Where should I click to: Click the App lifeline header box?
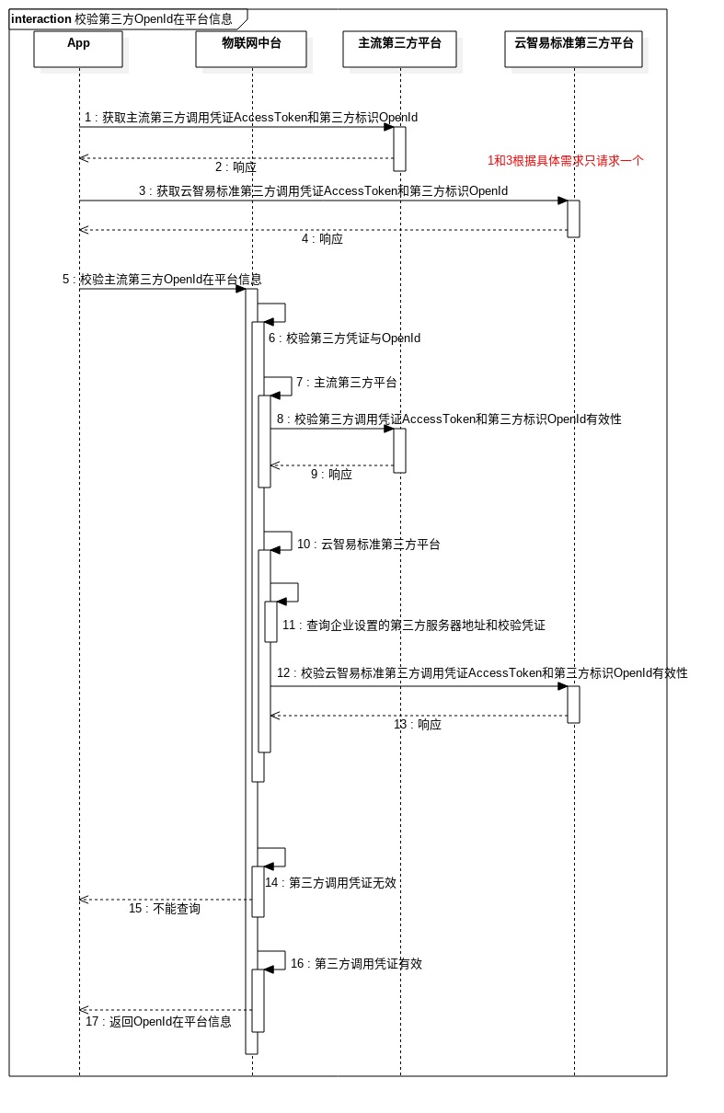[x=78, y=49]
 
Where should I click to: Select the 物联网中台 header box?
[x=251, y=49]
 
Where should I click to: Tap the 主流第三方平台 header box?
[x=400, y=49]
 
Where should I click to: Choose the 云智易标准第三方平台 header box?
[x=574, y=49]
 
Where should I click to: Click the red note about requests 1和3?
[x=566, y=160]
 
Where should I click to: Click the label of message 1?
[x=251, y=118]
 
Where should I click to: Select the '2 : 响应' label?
[x=236, y=167]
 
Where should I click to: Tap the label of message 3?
[x=323, y=191]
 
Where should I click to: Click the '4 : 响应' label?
[x=322, y=239]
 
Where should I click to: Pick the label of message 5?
[x=162, y=280]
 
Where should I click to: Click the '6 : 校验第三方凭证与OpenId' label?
[x=344, y=338]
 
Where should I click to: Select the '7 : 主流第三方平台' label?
[x=346, y=383]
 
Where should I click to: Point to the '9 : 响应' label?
[x=331, y=475]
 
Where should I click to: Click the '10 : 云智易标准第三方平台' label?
[x=368, y=545]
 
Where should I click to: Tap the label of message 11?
[x=413, y=625]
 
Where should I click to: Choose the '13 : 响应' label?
[x=418, y=725]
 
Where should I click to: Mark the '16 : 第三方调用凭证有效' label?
[x=356, y=964]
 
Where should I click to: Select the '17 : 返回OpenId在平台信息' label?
[x=158, y=1022]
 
